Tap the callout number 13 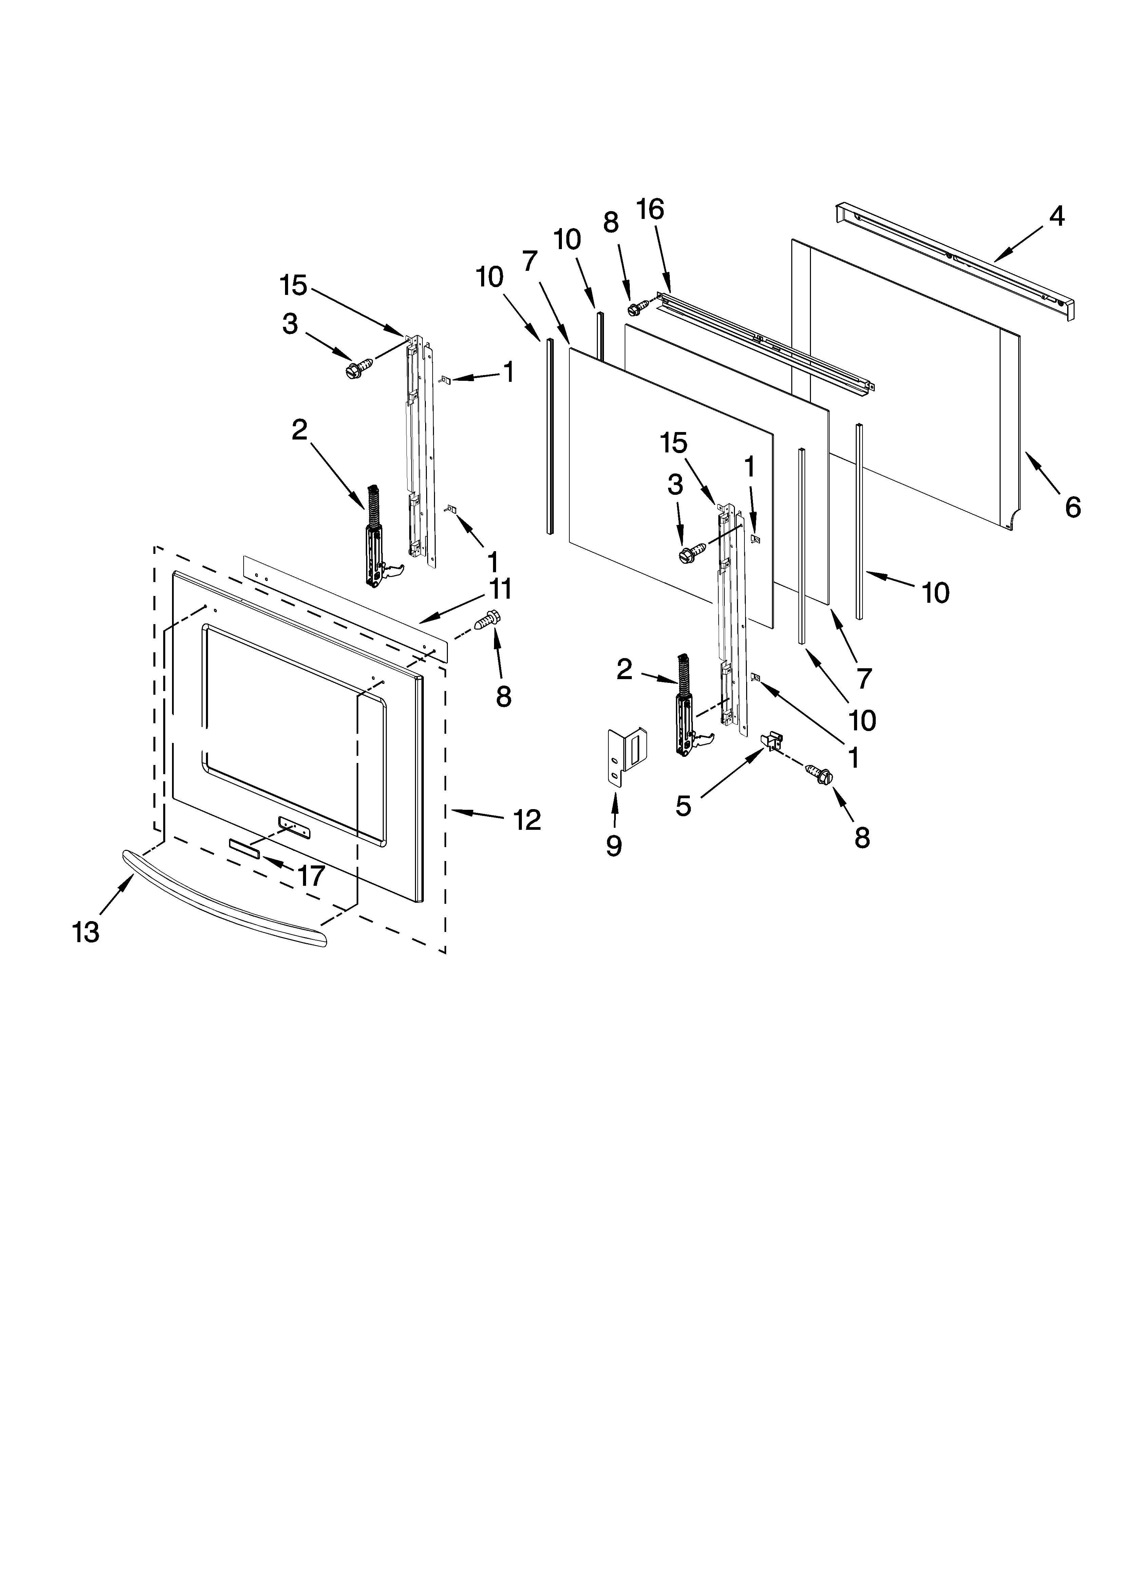click(x=86, y=933)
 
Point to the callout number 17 click(x=311, y=876)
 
